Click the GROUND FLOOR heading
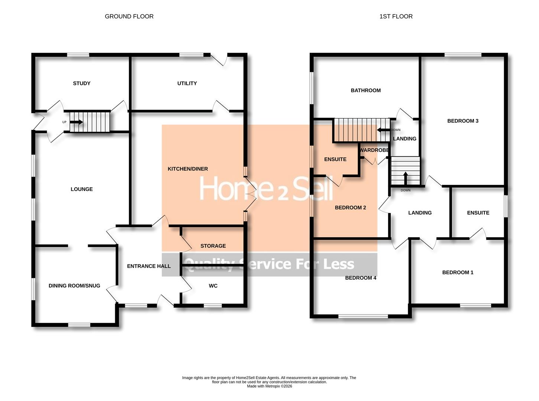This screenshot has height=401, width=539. [x=129, y=16]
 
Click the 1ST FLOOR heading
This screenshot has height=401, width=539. [x=396, y=16]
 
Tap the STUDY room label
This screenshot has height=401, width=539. [x=81, y=83]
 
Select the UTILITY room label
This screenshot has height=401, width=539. [x=187, y=83]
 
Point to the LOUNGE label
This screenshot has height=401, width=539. [x=82, y=189]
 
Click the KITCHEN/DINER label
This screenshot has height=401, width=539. [x=188, y=169]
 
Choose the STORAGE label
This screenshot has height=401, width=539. [x=213, y=246]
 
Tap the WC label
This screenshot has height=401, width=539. [x=213, y=286]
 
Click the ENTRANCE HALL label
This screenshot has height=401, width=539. [x=149, y=266]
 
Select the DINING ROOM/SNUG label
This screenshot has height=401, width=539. [x=74, y=286]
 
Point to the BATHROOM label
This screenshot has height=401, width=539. [x=366, y=90]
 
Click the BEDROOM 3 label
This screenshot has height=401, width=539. [x=462, y=121]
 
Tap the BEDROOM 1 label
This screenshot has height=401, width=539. [x=458, y=272]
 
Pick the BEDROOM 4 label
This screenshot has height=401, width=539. [x=361, y=278]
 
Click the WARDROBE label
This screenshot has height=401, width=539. [x=374, y=150]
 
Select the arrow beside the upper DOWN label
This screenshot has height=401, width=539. [x=383, y=130]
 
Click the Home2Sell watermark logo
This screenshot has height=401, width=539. [x=266, y=189]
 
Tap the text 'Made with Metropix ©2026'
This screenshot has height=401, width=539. [x=269, y=386]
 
